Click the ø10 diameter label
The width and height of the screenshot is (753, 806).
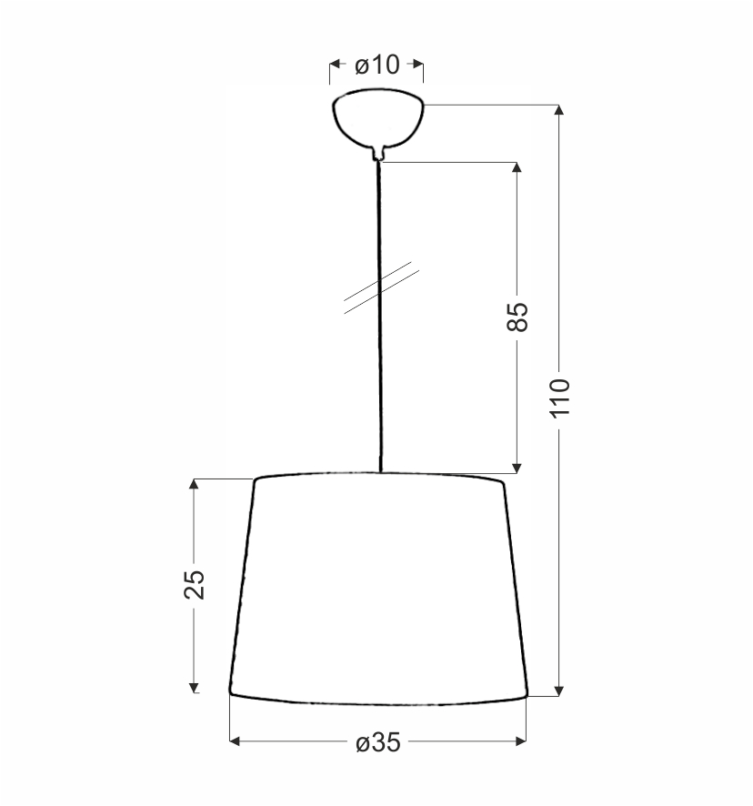[x=376, y=65]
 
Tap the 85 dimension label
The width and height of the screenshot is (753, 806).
[x=517, y=317]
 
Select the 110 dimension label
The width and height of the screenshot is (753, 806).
[x=560, y=398]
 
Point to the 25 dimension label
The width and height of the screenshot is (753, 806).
[x=195, y=584]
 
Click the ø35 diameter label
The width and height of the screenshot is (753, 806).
[x=377, y=742]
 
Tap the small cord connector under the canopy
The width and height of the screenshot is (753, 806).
[x=379, y=154]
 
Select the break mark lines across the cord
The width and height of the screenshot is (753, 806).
[x=381, y=287]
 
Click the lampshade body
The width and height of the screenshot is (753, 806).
[x=378, y=589]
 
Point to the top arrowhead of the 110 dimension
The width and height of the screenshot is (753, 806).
[x=559, y=109]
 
